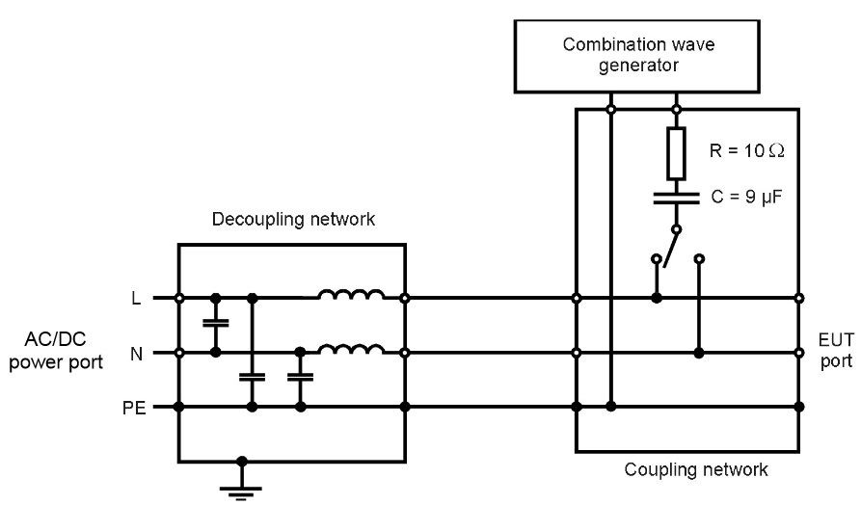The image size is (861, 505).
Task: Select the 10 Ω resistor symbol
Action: click(x=676, y=150)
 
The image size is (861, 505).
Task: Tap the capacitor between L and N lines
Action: click(x=215, y=326)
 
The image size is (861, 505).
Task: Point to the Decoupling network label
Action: click(x=291, y=221)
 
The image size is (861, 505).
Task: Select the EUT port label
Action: click(x=829, y=353)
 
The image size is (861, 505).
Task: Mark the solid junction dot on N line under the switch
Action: click(x=698, y=353)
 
